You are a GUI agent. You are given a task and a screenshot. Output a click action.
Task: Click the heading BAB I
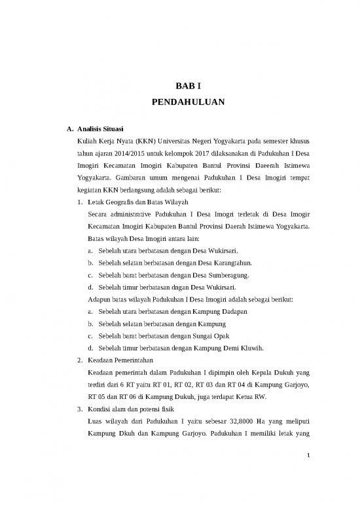[179, 85]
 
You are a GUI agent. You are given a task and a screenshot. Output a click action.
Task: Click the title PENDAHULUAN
[179, 102]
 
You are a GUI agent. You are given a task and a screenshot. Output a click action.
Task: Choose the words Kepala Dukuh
[270, 371]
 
